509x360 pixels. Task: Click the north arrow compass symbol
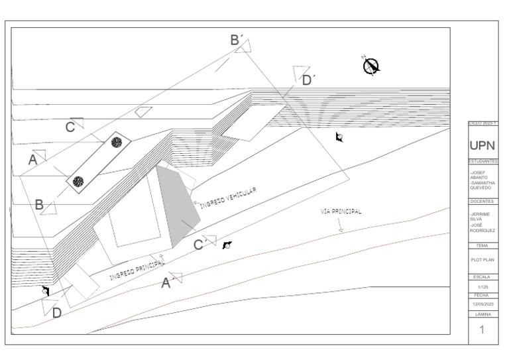coord(372,64)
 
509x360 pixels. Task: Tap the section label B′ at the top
coord(236,40)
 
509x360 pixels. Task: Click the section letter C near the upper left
coord(70,127)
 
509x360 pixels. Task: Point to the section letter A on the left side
coord(32,160)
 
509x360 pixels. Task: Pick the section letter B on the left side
coord(39,206)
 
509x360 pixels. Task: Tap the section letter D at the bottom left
coord(57,313)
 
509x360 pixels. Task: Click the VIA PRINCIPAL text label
coord(341,212)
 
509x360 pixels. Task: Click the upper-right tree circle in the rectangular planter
coord(116,142)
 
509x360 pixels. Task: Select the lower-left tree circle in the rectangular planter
coord(78,180)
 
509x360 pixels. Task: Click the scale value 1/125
coord(482,286)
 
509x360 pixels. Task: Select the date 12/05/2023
coord(482,304)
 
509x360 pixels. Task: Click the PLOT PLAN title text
coord(482,260)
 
